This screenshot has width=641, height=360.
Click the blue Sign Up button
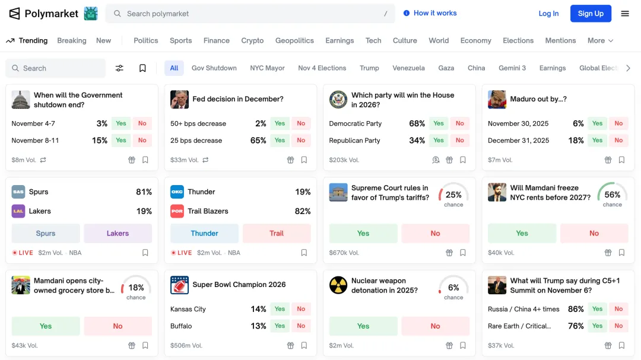click(x=591, y=14)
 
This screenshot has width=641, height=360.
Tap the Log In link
click(x=548, y=14)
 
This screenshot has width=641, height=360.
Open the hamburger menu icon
click(x=625, y=14)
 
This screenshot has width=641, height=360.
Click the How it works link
click(x=430, y=13)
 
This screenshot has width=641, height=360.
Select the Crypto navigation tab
click(x=252, y=40)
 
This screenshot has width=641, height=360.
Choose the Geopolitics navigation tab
click(x=294, y=40)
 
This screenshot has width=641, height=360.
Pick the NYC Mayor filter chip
click(x=267, y=68)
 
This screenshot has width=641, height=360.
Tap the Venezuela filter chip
click(x=408, y=68)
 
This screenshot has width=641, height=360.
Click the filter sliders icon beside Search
click(x=119, y=68)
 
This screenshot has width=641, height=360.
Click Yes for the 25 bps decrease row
click(x=280, y=141)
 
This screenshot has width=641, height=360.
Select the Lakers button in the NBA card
click(x=118, y=234)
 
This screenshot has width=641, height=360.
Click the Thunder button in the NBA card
click(x=204, y=234)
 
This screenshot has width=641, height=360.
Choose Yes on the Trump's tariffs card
click(x=363, y=234)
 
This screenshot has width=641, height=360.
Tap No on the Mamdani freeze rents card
click(x=594, y=234)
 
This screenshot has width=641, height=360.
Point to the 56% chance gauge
click(x=612, y=195)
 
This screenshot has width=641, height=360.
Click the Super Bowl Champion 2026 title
click(x=239, y=285)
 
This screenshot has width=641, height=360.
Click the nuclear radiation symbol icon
click(x=338, y=285)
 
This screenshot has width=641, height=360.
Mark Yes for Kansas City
click(x=280, y=309)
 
